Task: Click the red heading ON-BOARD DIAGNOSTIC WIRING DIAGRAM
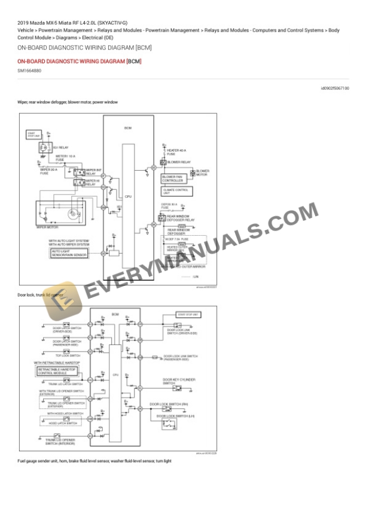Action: coord(71,61)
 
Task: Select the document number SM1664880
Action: coord(30,71)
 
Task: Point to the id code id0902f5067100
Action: coord(334,88)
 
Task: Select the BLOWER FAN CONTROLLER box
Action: coord(176,178)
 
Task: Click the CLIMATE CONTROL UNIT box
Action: coord(176,191)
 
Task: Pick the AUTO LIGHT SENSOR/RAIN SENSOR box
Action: coord(69,254)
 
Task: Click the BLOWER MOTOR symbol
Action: coord(192,173)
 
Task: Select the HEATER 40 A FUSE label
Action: coord(175,152)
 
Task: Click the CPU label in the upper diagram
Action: coord(127,196)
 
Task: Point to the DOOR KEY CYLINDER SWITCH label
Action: coord(177,381)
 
